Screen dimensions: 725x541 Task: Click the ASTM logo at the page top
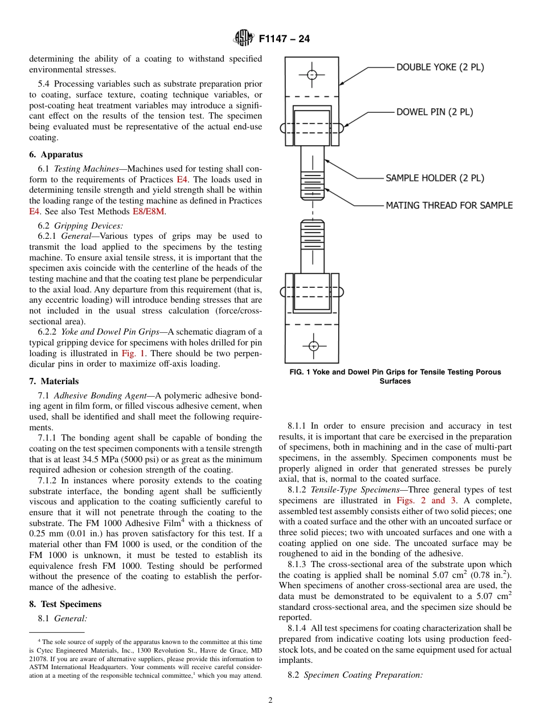(x=243, y=39)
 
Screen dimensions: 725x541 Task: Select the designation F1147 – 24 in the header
(x=284, y=39)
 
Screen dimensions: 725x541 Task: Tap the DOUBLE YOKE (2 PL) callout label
(x=440, y=67)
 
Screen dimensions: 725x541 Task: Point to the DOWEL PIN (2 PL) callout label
(x=435, y=112)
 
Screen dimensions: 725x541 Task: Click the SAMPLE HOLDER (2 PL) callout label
(x=435, y=178)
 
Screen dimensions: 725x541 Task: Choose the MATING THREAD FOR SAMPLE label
(x=449, y=205)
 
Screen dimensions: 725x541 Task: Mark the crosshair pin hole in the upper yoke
(x=312, y=75)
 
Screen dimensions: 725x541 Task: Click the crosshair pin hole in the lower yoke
(x=313, y=346)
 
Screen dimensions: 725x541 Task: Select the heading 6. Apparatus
(x=56, y=154)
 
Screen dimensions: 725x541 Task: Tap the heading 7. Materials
(x=54, y=381)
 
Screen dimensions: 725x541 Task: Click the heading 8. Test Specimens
(x=65, y=604)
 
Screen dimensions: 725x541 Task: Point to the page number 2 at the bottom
(x=270, y=700)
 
